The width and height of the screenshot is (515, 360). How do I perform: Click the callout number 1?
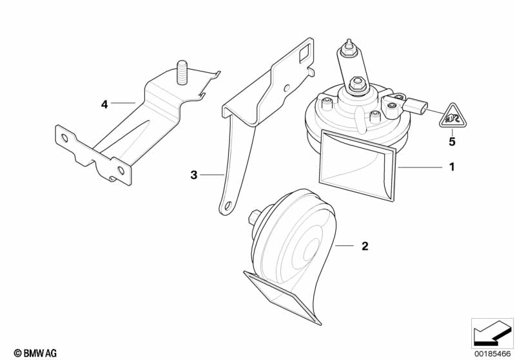pyautogui.click(x=452, y=167)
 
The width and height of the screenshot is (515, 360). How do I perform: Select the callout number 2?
pyautogui.click(x=365, y=246)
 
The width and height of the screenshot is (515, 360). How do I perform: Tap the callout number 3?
pyautogui.click(x=194, y=175)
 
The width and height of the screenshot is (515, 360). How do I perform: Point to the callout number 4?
pyautogui.click(x=104, y=105)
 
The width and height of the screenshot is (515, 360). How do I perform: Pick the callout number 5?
pyautogui.click(x=452, y=142)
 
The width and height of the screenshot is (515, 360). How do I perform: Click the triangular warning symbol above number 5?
pyautogui.click(x=453, y=117)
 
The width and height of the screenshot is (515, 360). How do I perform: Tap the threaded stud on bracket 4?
pyautogui.click(x=182, y=73)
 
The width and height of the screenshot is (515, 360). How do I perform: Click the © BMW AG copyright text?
pyautogui.click(x=35, y=353)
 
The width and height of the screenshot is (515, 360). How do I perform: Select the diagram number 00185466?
pyautogui.click(x=492, y=354)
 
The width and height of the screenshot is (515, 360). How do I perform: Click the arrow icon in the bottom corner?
pyautogui.click(x=492, y=333)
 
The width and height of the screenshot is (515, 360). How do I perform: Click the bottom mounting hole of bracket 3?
pyautogui.click(x=227, y=207)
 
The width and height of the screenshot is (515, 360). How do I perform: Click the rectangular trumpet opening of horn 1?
pyautogui.click(x=358, y=165)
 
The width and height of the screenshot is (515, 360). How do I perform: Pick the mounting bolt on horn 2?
pyautogui.click(x=254, y=218)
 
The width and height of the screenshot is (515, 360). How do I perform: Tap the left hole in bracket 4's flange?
pyautogui.click(x=64, y=138)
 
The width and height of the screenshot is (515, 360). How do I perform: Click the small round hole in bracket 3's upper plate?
pyautogui.click(x=287, y=88)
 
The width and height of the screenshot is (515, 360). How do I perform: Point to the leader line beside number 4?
pyautogui.click(x=123, y=103)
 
